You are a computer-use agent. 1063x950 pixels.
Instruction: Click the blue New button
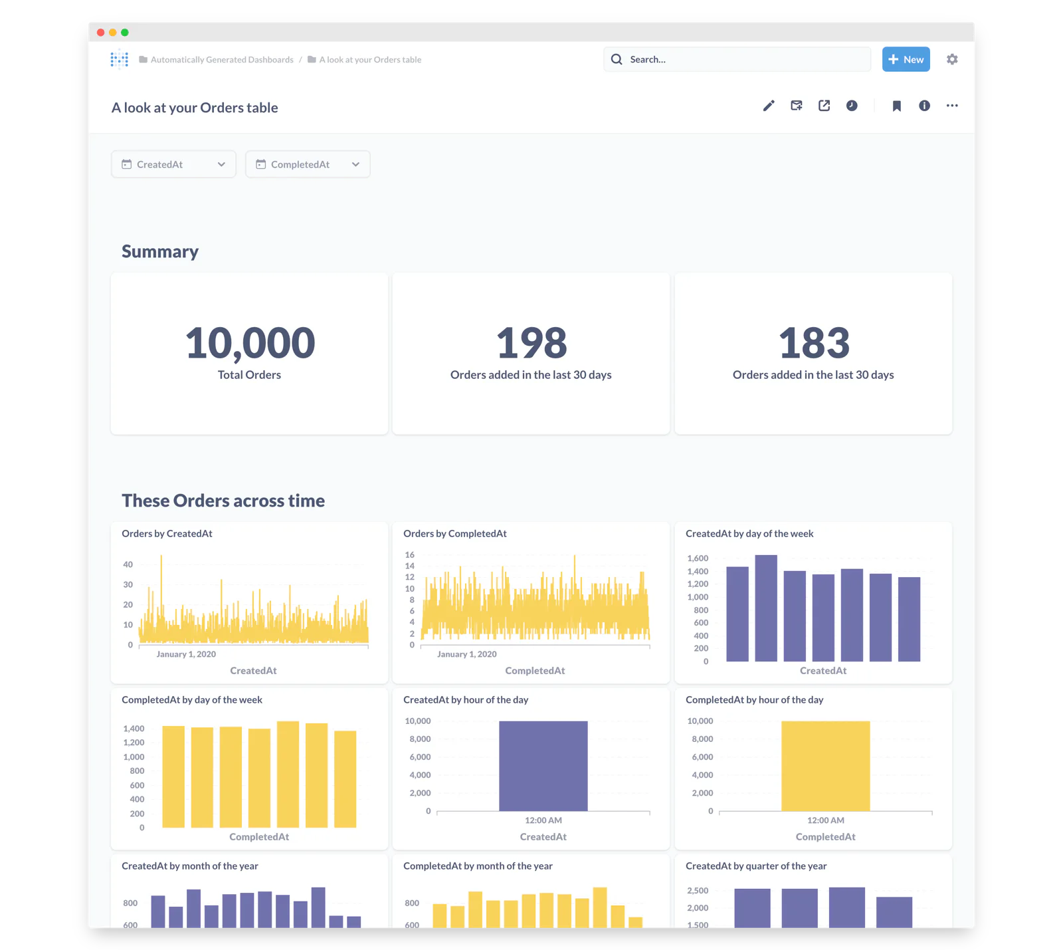906,59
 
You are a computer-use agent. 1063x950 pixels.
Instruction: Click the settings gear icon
952,59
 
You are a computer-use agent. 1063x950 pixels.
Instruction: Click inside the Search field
737,59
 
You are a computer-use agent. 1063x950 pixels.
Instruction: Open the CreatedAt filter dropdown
173,164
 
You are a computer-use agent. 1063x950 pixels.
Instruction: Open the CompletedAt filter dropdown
308,164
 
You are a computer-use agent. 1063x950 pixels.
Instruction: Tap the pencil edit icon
769,106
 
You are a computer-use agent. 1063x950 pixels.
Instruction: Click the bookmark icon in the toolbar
896,106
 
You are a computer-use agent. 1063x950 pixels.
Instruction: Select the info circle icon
924,106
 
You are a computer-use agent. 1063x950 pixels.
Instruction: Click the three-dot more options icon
952,106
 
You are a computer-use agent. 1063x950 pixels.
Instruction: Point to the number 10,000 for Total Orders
250,343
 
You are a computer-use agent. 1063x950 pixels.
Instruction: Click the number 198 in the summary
531,343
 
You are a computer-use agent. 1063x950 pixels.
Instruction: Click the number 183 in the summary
814,343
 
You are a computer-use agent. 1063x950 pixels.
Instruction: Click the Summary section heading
160,251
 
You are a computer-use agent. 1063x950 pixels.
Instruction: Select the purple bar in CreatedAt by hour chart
543,766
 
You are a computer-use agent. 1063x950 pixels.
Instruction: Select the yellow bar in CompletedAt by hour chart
826,766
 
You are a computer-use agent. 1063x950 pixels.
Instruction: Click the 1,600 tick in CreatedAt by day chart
698,558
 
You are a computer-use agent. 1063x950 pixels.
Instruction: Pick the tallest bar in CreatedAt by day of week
766,608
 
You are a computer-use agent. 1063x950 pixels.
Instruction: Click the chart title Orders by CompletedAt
455,534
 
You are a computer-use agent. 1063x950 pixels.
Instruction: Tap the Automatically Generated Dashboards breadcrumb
222,60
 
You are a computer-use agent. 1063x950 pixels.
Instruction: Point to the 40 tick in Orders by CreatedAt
128,564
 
